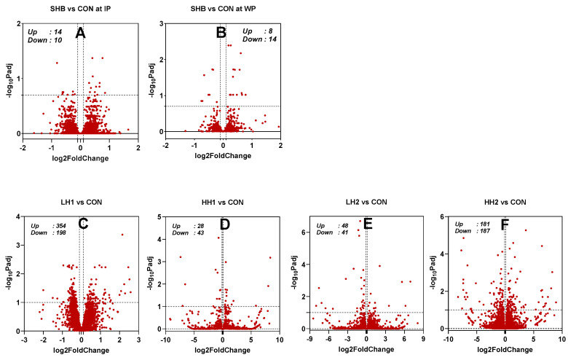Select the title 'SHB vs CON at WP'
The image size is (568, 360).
click(x=223, y=8)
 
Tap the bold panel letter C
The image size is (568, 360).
click(x=82, y=224)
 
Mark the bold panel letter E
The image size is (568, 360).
click(x=368, y=224)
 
